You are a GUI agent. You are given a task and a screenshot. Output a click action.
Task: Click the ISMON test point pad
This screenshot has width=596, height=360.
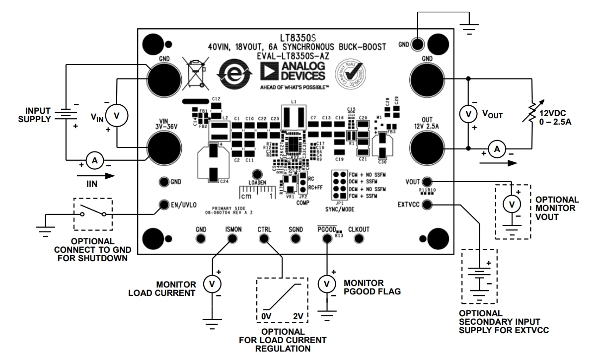(232, 239)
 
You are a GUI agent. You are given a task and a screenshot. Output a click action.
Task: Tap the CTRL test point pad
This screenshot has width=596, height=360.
(263, 239)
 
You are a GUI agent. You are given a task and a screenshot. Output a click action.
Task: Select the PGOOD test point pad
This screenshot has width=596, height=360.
(326, 239)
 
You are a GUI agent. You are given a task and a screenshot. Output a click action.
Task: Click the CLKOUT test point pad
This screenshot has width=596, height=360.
(359, 239)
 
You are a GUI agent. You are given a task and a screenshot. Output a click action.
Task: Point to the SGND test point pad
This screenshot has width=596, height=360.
(296, 239)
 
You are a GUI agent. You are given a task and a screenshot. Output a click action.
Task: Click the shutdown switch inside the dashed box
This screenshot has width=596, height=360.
(93, 215)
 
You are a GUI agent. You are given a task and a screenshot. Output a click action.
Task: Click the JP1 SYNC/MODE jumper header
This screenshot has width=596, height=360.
(340, 186)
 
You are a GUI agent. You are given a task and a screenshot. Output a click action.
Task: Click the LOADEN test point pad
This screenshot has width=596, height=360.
(257, 175)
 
